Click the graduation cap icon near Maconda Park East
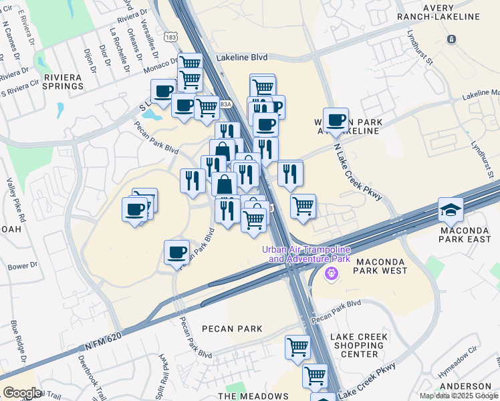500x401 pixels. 451,210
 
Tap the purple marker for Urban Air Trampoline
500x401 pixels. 330,273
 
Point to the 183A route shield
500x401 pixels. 226,104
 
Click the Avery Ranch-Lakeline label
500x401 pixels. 447,11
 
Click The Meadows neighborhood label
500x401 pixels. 253,396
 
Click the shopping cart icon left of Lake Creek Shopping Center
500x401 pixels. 297,346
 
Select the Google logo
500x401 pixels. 21,393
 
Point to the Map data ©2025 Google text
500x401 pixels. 459,396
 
